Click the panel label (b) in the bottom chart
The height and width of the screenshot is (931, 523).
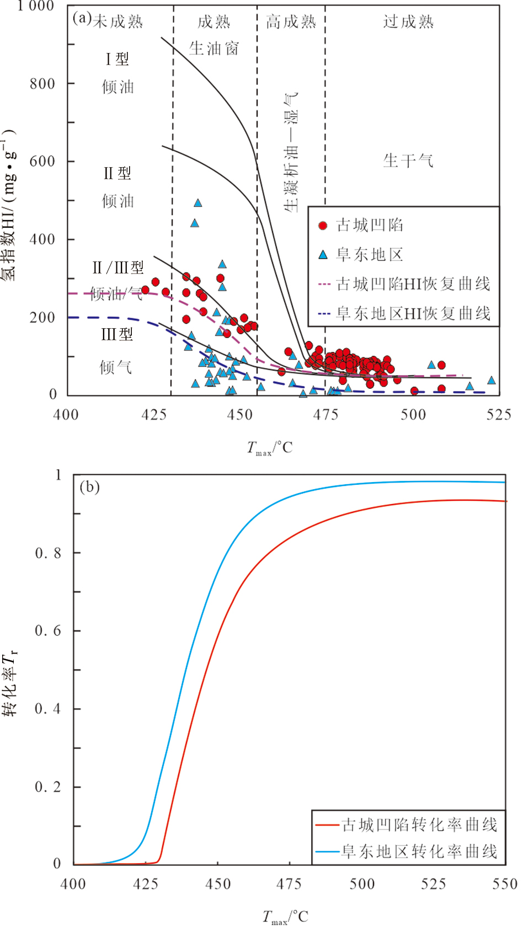89,487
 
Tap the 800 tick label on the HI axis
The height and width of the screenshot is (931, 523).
42,84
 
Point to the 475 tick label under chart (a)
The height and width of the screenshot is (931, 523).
326,415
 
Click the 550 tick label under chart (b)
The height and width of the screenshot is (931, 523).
505,884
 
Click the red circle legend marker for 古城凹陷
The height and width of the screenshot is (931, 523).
323,226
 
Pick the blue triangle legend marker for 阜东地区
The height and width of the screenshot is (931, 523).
323,255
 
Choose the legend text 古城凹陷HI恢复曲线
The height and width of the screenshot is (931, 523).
413,284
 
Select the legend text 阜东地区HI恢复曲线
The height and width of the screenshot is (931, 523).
413,314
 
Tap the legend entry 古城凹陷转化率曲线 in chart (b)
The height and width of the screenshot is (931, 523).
419,825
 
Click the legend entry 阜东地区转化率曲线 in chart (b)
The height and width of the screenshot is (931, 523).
419,852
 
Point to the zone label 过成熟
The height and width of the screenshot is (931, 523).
409,22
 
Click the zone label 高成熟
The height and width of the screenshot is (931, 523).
291,22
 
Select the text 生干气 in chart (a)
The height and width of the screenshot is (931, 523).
409,161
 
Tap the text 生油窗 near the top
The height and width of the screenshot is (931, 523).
214,49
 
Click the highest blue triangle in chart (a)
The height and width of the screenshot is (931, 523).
198,204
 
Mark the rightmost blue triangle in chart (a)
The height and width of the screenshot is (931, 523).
491,381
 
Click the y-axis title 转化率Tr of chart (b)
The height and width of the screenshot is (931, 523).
10,684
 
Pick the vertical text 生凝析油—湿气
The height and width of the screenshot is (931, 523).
291,152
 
